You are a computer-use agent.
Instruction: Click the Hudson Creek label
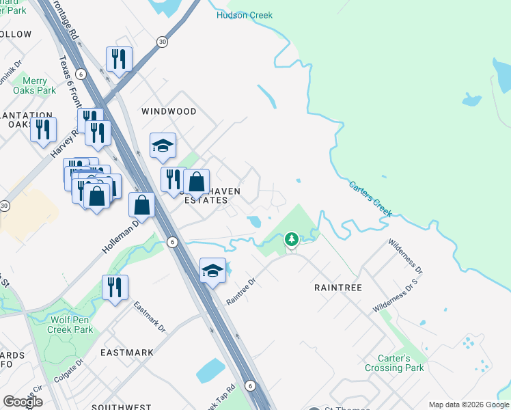click(x=244, y=15)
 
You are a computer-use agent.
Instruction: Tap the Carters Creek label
click(x=370, y=199)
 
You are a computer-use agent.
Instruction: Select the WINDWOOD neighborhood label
click(x=169, y=111)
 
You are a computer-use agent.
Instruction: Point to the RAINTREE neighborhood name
click(x=337, y=288)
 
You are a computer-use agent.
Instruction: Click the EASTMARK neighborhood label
click(x=127, y=353)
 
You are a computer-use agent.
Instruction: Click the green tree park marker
click(x=292, y=240)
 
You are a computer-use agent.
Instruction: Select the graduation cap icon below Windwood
click(x=163, y=145)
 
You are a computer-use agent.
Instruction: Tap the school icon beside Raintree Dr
click(x=212, y=271)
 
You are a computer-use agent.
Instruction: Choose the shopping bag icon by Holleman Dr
click(x=141, y=204)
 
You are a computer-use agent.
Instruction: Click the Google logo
click(x=23, y=402)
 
